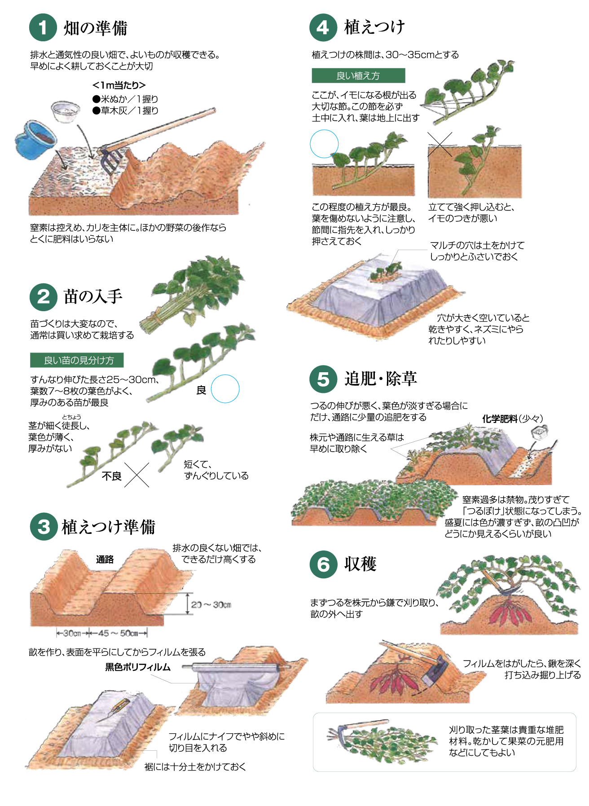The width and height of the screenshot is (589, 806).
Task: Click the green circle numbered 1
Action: click(x=43, y=28)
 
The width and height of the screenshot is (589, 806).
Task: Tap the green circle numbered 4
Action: click(x=323, y=27)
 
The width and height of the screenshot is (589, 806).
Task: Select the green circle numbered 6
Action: click(x=323, y=564)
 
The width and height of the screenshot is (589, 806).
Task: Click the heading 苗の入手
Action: click(x=93, y=296)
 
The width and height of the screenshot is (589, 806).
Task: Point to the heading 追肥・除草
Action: click(x=381, y=379)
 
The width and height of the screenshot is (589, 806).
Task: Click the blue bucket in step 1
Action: click(x=35, y=139)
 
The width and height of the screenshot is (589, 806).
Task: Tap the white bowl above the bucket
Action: click(x=66, y=111)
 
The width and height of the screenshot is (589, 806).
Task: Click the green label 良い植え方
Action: click(x=358, y=75)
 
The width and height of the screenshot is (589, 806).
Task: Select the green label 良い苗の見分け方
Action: click(x=77, y=360)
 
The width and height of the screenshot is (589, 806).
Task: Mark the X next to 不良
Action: click(x=137, y=475)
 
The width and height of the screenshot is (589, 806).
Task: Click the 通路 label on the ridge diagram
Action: click(x=105, y=559)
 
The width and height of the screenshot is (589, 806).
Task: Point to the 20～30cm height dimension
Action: click(x=211, y=605)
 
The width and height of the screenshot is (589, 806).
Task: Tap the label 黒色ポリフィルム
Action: click(x=138, y=667)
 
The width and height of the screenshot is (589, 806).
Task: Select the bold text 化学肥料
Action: click(x=500, y=418)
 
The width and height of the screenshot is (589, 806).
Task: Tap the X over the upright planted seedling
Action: click(x=440, y=144)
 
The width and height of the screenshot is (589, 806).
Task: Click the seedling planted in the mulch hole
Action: click(x=386, y=272)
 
